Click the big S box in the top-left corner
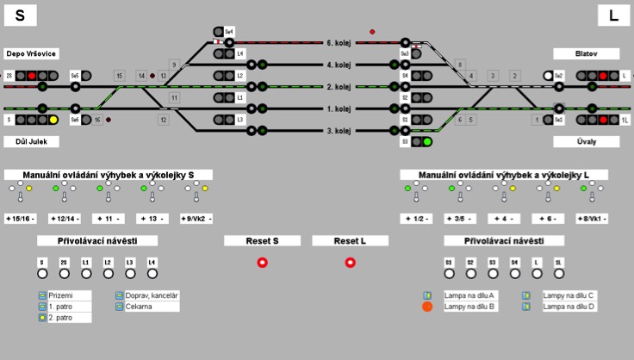(20, 15)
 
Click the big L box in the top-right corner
(613, 15)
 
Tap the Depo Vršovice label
(31, 53)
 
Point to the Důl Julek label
(26, 141)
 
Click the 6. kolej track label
(339, 42)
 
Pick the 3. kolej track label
(339, 131)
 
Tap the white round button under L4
(152, 274)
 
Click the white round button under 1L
(558, 274)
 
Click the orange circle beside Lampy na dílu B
(427, 306)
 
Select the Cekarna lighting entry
(138, 306)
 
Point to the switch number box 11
(174, 98)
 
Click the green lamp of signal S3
(426, 141)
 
